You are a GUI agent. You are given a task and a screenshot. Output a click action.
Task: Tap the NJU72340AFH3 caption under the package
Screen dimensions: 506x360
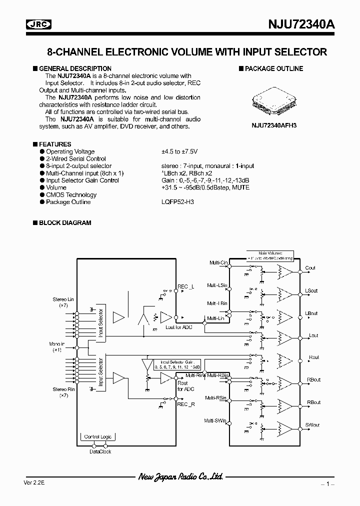click(x=274, y=126)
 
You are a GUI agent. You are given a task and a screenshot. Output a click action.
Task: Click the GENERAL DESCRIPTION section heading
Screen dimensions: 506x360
click(x=75, y=68)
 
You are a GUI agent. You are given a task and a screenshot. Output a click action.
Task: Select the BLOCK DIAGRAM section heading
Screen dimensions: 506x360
click(x=65, y=223)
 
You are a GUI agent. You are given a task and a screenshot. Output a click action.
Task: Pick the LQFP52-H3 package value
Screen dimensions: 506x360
click(x=177, y=202)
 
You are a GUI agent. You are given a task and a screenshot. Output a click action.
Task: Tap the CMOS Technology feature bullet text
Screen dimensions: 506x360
click(x=71, y=195)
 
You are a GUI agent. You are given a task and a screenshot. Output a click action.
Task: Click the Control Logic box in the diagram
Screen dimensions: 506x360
click(x=98, y=436)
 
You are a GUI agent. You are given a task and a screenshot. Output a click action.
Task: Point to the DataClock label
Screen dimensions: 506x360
click(x=100, y=451)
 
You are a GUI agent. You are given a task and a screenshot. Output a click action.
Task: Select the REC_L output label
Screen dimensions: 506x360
click(x=185, y=286)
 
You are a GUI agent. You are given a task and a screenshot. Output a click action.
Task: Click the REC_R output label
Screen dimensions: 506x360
click(x=185, y=404)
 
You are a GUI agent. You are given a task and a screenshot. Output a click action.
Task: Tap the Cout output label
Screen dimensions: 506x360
click(x=310, y=268)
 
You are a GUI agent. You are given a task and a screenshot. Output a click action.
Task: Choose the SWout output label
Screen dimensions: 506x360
click(x=312, y=425)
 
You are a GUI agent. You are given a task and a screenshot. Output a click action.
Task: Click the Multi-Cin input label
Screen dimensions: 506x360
click(x=218, y=262)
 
